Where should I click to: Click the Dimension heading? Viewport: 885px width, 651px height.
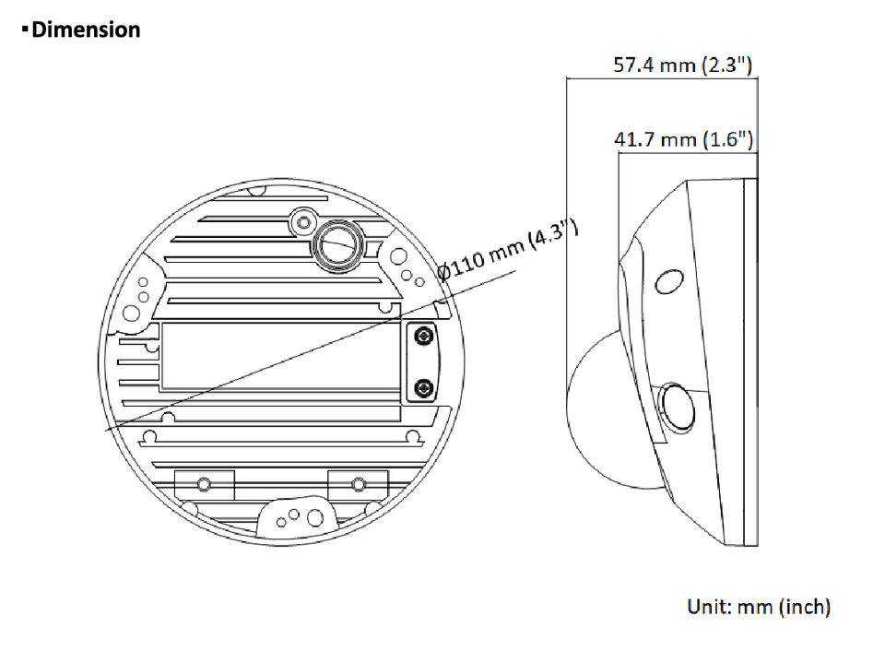[x=86, y=30]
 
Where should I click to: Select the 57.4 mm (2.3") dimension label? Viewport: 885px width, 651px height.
[x=683, y=65]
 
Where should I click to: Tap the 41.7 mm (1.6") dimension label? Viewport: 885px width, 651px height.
[x=683, y=139]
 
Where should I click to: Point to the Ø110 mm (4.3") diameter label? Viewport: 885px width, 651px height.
[x=508, y=249]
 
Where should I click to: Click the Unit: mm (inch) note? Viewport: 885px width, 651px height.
[x=759, y=607]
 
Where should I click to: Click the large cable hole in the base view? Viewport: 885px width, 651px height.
[x=338, y=245]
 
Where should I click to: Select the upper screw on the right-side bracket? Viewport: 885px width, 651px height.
[x=423, y=337]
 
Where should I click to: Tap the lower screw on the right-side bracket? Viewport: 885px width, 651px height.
[x=423, y=388]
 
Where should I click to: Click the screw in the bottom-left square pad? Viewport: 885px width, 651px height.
[x=204, y=484]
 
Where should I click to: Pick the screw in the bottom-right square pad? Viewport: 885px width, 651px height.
[x=359, y=484]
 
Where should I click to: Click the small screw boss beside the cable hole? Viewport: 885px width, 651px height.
[x=303, y=222]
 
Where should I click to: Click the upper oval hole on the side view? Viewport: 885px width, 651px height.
[x=669, y=281]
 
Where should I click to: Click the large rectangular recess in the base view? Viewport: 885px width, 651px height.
[x=280, y=356]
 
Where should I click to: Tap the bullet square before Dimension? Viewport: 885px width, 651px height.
[x=25, y=29]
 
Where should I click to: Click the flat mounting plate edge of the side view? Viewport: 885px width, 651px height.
[x=750, y=362]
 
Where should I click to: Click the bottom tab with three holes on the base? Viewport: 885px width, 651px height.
[x=296, y=516]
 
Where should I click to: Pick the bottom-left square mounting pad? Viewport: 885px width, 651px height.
[x=205, y=484]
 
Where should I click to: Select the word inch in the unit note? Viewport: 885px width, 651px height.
[x=804, y=607]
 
